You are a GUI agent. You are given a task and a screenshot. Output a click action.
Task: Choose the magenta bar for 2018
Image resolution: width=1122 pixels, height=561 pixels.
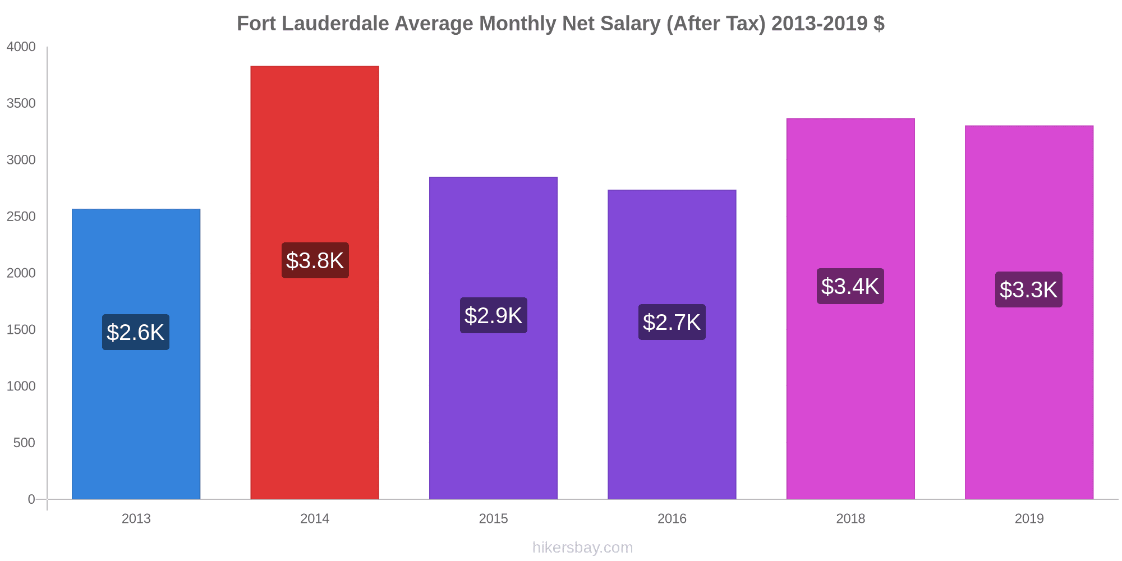[x=850, y=393]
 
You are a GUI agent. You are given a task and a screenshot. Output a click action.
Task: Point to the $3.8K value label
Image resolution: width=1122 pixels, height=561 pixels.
[x=315, y=260]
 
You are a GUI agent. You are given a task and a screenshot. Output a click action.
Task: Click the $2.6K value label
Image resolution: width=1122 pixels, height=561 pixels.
[x=136, y=332]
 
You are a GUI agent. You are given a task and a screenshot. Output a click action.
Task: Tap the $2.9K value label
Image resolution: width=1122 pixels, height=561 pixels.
[x=493, y=315]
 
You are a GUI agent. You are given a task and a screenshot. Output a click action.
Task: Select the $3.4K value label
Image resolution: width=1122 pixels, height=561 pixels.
[x=850, y=286]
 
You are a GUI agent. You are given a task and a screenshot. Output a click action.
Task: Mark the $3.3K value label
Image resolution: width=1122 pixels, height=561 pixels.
[x=1029, y=289]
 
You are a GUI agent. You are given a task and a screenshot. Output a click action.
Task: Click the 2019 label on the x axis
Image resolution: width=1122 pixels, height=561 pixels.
[x=1029, y=518]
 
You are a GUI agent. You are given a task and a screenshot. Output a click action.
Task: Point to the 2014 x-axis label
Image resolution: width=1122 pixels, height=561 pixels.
[x=315, y=518]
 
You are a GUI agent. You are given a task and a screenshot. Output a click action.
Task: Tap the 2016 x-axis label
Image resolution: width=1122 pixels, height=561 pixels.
[x=672, y=518]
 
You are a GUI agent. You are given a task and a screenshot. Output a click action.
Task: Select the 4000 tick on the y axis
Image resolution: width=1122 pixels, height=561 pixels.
[x=21, y=47]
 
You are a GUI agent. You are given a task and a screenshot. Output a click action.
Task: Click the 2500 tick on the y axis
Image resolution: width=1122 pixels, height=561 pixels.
[x=21, y=217]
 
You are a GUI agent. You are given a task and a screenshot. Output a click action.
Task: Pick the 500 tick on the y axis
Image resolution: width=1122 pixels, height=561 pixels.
[x=24, y=443]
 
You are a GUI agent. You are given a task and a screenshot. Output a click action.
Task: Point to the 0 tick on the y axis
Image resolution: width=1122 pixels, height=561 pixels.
[x=31, y=499]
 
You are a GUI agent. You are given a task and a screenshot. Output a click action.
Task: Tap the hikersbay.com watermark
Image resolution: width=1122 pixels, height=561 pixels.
[x=582, y=548]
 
